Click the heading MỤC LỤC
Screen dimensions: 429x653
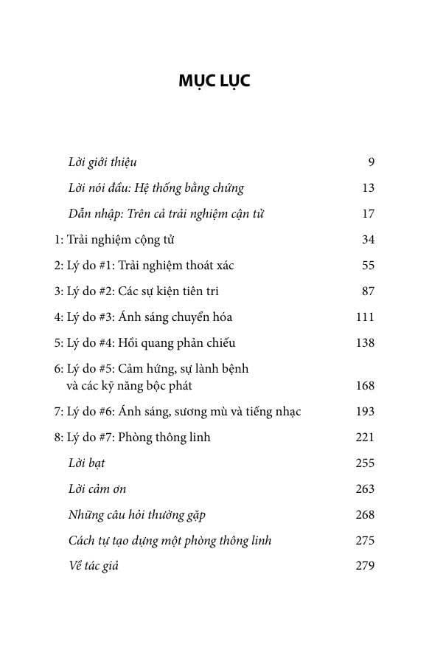[214, 81]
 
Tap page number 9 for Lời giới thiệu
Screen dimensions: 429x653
[371, 162]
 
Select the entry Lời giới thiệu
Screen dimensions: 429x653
[102, 162]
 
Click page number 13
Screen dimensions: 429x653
[369, 188]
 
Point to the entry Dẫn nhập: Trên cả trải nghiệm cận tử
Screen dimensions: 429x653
[166, 214]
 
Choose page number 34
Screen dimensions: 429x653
[369, 240]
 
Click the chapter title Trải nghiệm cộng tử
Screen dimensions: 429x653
[120, 240]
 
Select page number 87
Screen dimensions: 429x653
[369, 291]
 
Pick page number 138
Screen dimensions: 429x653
[365, 343]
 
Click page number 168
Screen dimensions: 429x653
[365, 386]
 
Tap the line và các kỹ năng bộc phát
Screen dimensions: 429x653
[129, 386]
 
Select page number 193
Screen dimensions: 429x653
[365, 412]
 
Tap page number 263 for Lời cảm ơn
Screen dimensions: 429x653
[365, 489]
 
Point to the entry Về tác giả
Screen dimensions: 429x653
[93, 567]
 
